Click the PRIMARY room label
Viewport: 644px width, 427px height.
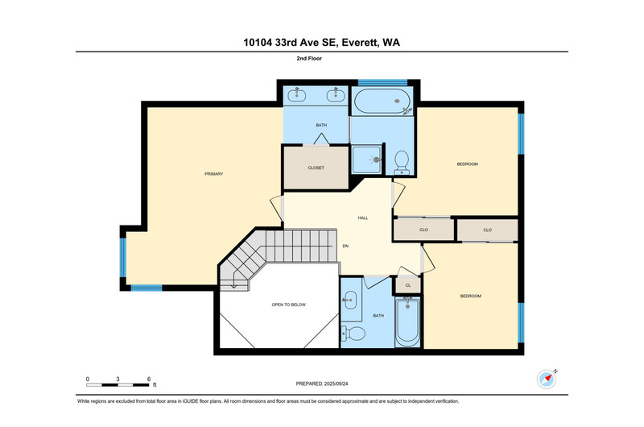pyautogui.click(x=213, y=174)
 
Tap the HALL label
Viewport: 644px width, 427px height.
pyautogui.click(x=363, y=218)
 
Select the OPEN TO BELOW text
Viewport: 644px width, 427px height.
pyautogui.click(x=288, y=305)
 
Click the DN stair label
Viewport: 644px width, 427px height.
pyautogui.click(x=345, y=246)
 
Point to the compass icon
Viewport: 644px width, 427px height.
pyautogui.click(x=547, y=379)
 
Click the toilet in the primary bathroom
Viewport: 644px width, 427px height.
pyautogui.click(x=401, y=163)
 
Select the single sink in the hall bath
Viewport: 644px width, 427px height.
pyautogui.click(x=350, y=300)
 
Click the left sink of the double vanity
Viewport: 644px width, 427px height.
pyautogui.click(x=296, y=95)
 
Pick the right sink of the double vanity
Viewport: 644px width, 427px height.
pyautogui.click(x=335, y=95)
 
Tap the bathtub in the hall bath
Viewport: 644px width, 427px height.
pyautogui.click(x=407, y=321)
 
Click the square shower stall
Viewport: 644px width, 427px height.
pyautogui.click(x=366, y=160)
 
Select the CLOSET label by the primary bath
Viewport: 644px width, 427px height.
pyautogui.click(x=316, y=168)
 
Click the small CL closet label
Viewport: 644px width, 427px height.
pyautogui.click(x=408, y=285)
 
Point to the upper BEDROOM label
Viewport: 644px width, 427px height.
pyautogui.click(x=468, y=164)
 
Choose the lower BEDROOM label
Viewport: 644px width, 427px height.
pyautogui.click(x=471, y=296)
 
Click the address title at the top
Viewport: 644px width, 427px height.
pyautogui.click(x=321, y=43)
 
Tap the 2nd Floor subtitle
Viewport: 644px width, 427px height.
pyautogui.click(x=309, y=58)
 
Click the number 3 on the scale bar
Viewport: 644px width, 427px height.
pyautogui.click(x=118, y=379)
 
